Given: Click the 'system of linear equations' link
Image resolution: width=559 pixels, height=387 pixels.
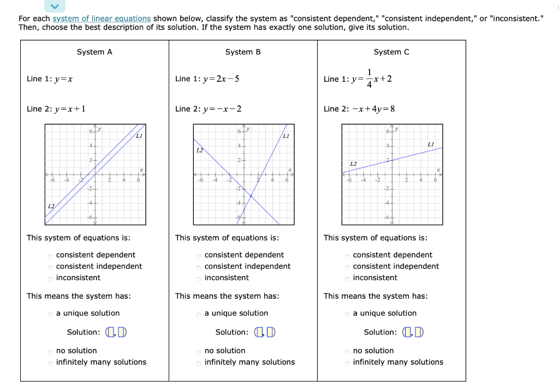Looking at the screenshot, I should coord(102,19).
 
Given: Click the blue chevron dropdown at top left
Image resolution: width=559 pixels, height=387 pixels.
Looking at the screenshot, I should coord(55,6).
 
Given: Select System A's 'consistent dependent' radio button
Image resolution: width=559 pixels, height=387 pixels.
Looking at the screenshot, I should coord(50,256).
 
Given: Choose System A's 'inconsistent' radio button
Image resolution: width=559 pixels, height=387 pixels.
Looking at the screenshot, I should coord(50,279).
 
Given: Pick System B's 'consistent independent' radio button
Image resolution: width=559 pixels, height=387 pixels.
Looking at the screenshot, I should coord(199,267).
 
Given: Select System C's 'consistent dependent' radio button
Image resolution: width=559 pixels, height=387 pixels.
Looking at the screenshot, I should coord(347,256).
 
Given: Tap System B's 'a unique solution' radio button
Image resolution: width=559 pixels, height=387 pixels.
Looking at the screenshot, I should coord(199,314).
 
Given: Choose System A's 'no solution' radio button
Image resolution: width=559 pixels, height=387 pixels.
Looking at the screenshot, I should coord(50,352).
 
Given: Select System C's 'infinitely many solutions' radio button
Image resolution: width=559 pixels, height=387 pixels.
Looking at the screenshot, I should coord(347,363).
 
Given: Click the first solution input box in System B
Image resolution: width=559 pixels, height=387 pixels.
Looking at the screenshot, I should coord(259,332).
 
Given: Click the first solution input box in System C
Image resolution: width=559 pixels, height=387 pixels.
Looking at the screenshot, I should coord(407,332).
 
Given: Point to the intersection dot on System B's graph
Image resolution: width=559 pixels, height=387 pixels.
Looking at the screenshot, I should coord(251,195).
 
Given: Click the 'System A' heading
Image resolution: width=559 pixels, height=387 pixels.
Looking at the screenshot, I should coord(94,52).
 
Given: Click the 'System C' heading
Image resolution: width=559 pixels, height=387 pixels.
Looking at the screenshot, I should coord(391,52).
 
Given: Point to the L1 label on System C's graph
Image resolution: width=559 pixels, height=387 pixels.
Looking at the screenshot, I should coord(431,143).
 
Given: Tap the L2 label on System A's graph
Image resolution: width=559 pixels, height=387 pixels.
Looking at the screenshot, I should coord(51,207).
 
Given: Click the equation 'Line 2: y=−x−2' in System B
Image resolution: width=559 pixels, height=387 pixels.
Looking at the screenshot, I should coord(208,109).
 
